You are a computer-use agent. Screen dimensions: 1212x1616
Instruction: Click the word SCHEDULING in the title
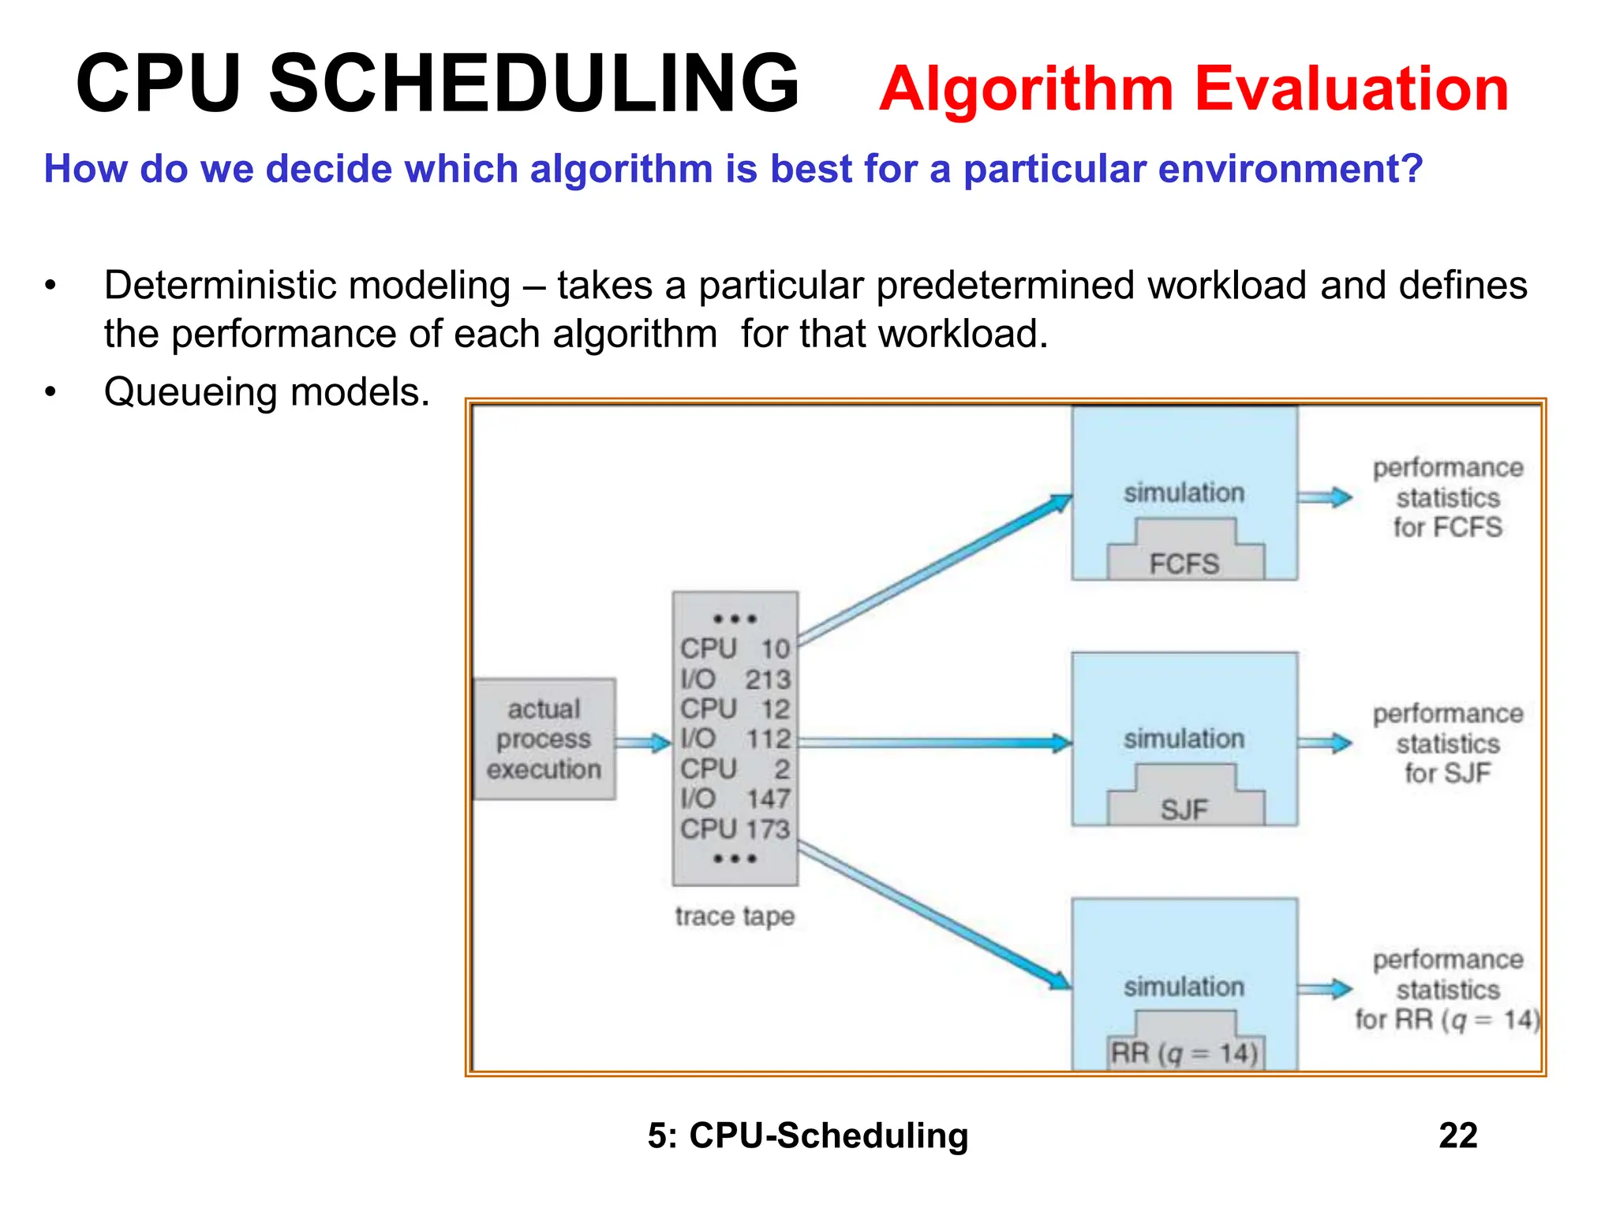pyautogui.click(x=534, y=84)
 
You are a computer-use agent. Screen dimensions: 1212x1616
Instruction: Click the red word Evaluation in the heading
pyautogui.click(x=1351, y=88)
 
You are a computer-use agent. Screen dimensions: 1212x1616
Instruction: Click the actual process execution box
pyautogui.click(x=544, y=739)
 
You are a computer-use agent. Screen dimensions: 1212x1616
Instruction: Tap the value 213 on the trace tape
pyautogui.click(x=768, y=679)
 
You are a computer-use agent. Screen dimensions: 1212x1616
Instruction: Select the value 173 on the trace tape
pyautogui.click(x=768, y=829)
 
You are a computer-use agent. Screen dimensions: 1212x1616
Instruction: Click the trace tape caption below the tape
pyautogui.click(x=735, y=916)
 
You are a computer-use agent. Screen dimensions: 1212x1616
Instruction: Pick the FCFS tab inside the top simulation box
pyautogui.click(x=1184, y=563)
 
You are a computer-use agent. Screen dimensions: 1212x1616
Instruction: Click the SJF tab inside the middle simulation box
pyautogui.click(x=1184, y=809)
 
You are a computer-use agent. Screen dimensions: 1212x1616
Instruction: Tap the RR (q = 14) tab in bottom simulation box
pyautogui.click(x=1184, y=1053)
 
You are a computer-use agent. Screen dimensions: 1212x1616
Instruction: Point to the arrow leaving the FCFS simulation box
pyautogui.click(x=1325, y=497)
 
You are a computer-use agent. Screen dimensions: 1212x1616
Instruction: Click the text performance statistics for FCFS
pyautogui.click(x=1448, y=497)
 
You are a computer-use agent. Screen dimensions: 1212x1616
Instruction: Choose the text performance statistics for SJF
pyautogui.click(x=1448, y=743)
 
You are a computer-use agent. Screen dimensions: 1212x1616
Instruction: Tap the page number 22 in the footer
pyautogui.click(x=1457, y=1135)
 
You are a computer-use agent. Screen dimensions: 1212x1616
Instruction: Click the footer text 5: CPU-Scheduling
pyautogui.click(x=808, y=1135)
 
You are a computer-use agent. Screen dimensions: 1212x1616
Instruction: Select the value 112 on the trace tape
pyautogui.click(x=768, y=739)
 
